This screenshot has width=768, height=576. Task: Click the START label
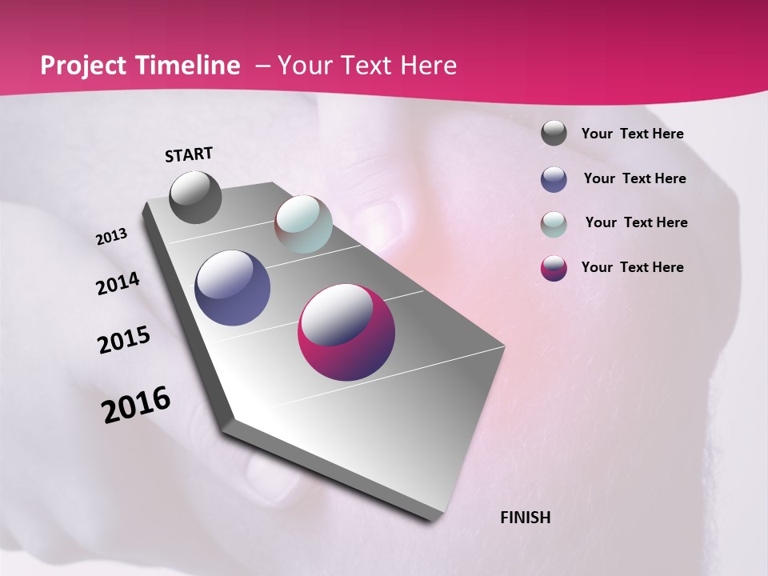(x=189, y=154)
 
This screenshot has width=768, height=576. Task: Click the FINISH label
(x=526, y=518)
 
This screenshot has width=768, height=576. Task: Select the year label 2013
(x=112, y=237)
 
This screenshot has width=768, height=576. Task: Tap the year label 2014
(x=118, y=283)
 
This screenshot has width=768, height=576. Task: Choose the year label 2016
(x=136, y=405)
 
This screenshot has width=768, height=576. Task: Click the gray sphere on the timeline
(x=195, y=197)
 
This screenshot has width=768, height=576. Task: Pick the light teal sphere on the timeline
(x=303, y=224)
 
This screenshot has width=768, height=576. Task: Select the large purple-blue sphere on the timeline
(x=233, y=288)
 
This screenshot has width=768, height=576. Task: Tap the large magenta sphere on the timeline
(x=346, y=332)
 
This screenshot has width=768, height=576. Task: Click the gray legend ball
(x=554, y=134)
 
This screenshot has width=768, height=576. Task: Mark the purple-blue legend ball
(x=554, y=179)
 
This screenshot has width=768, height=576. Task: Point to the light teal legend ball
(x=554, y=224)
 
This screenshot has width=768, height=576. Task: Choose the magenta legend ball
(x=554, y=268)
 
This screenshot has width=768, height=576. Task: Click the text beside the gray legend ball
(x=632, y=134)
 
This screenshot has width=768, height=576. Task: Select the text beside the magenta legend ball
(x=632, y=267)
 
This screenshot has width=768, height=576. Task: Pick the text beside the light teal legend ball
(x=636, y=222)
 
